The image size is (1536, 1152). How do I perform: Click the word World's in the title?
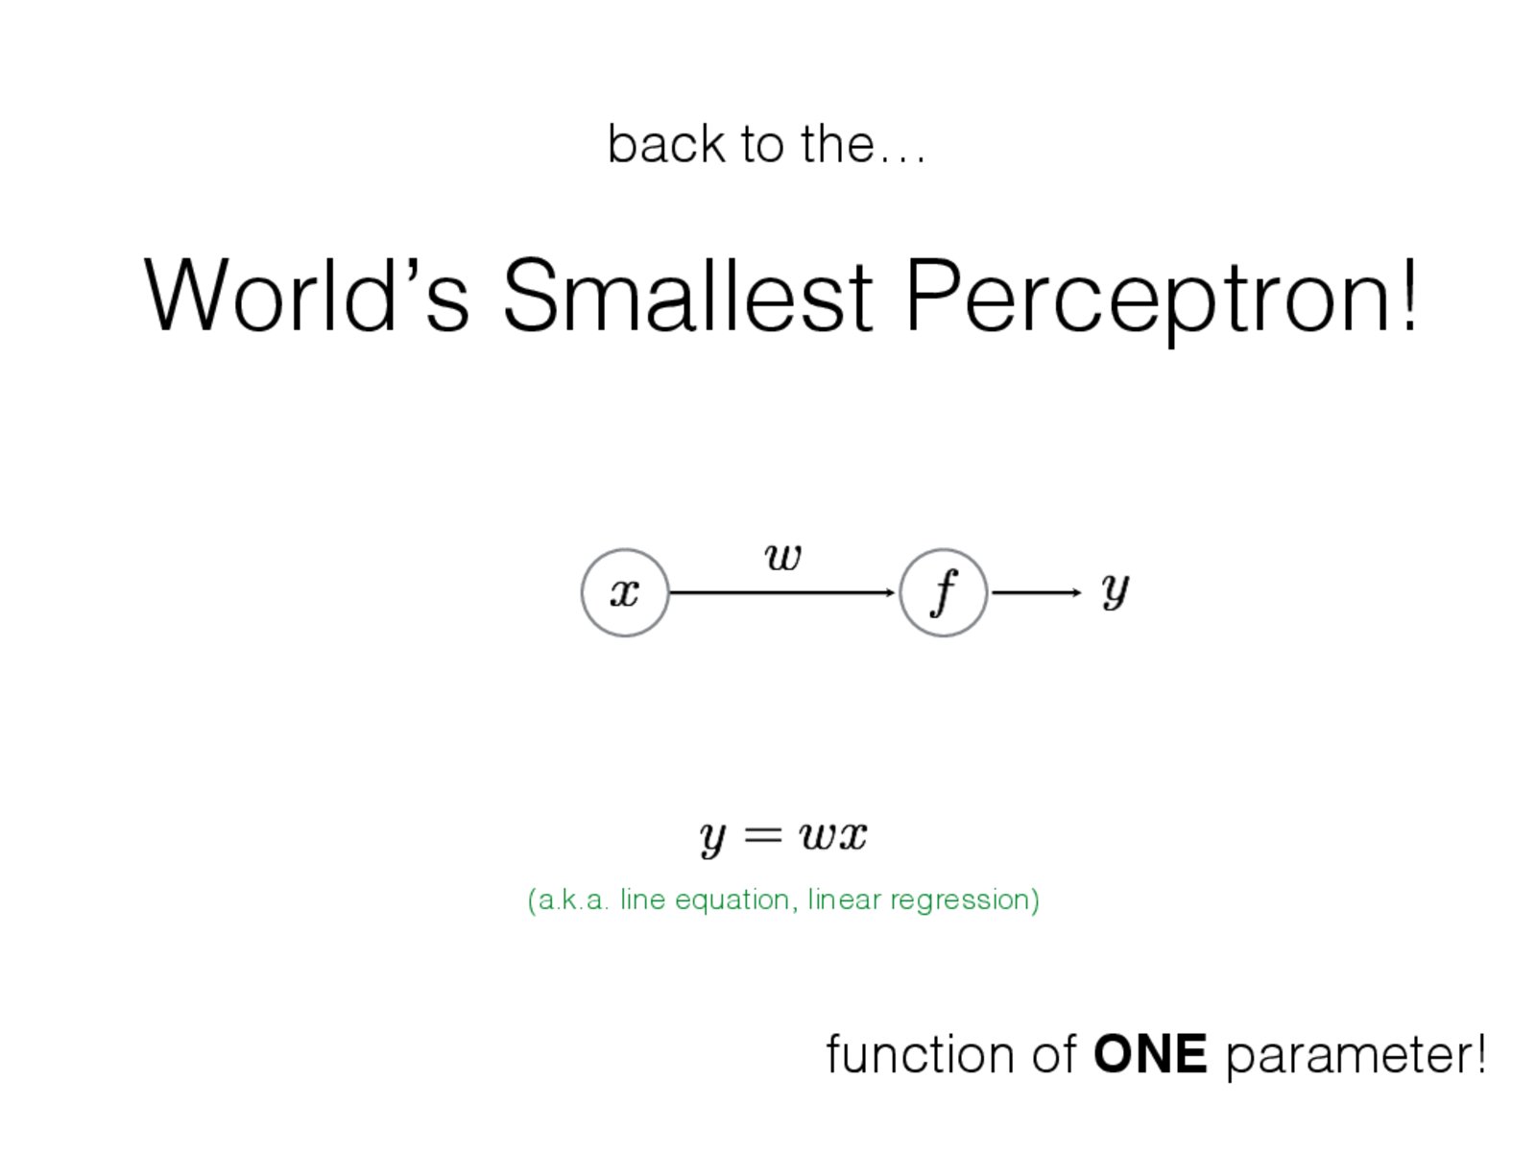[306, 295]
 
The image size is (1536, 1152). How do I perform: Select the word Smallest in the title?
[688, 295]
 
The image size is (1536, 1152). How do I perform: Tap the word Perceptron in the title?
[1147, 300]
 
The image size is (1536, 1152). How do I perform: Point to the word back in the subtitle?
[666, 143]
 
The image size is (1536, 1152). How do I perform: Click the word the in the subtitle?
[838, 143]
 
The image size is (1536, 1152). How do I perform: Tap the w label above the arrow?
[782, 558]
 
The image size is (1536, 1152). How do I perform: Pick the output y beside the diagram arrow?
[1115, 591]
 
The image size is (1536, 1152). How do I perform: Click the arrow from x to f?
[781, 593]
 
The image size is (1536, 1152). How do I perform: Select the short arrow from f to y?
[1037, 593]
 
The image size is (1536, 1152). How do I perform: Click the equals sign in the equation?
[763, 833]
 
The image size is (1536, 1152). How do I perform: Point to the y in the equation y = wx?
[712, 839]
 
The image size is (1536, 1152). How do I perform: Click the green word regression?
[965, 900]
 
